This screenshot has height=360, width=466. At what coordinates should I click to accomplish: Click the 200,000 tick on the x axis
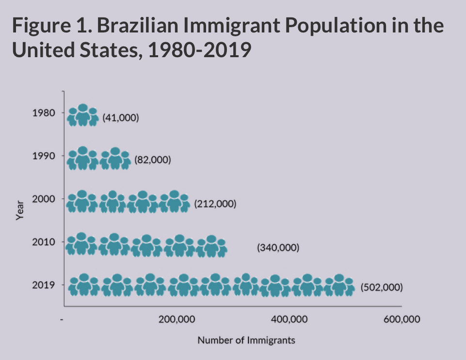(x=177, y=320)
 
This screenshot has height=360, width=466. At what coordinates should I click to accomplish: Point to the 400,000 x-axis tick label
(x=289, y=320)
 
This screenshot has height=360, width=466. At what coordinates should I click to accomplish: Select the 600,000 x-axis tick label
(x=402, y=320)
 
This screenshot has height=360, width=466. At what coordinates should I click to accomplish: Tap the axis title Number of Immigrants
(x=246, y=340)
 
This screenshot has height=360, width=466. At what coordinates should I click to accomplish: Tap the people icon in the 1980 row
(x=83, y=115)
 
